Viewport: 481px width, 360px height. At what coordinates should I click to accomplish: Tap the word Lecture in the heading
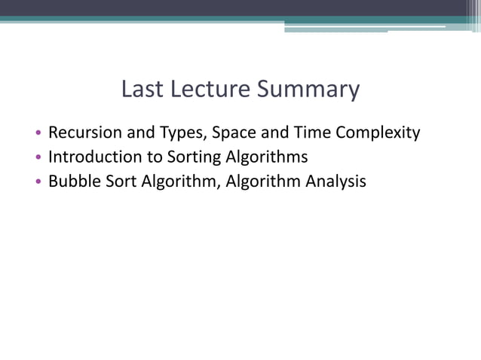[207, 90]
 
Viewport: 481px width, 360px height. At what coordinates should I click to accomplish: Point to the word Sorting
[188, 157]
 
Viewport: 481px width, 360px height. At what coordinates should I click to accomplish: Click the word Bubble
[72, 181]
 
